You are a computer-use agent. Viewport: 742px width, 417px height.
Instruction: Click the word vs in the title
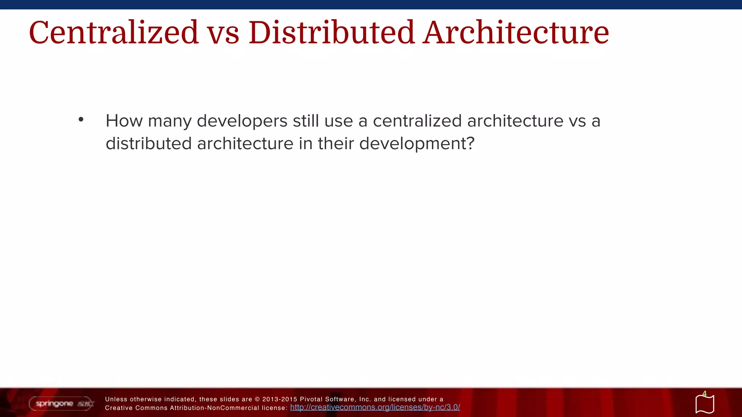click(223, 33)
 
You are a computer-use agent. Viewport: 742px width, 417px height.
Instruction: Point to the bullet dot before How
click(81, 119)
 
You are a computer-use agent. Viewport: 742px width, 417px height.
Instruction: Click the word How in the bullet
click(124, 121)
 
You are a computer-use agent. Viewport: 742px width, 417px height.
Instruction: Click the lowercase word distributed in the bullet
click(149, 144)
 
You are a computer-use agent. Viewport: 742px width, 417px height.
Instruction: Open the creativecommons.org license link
click(375, 408)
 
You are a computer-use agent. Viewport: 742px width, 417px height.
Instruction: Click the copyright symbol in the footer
click(257, 399)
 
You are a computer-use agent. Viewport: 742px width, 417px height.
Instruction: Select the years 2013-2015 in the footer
click(280, 399)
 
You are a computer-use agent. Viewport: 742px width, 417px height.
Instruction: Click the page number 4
click(704, 393)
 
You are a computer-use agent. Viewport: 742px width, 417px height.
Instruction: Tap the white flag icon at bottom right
click(705, 405)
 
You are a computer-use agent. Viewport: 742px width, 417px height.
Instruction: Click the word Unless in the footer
click(116, 399)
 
